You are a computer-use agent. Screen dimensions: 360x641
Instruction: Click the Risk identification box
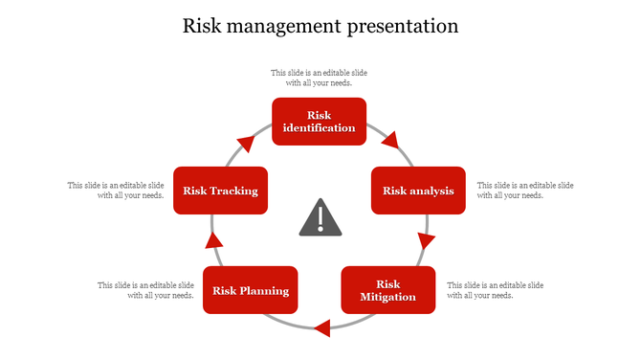click(x=320, y=122)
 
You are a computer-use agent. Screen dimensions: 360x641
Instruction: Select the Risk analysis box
click(x=418, y=191)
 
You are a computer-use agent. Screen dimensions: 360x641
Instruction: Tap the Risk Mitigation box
click(x=387, y=290)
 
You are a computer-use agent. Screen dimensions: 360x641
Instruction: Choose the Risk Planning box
click(x=251, y=291)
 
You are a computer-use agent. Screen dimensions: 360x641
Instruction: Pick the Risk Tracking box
click(x=220, y=191)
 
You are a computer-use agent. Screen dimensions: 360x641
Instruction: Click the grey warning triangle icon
click(x=320, y=219)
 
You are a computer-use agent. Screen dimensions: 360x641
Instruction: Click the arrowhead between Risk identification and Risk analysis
click(x=389, y=142)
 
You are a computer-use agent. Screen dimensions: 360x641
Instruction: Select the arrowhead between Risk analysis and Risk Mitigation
click(x=426, y=240)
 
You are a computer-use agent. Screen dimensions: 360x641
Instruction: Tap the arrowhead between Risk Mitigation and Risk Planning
click(x=322, y=328)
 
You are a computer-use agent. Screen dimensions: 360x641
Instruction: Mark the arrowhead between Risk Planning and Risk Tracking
click(x=214, y=240)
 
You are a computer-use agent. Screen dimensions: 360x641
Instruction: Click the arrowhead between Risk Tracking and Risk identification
click(x=246, y=145)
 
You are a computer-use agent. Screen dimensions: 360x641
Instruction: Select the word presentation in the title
click(x=401, y=26)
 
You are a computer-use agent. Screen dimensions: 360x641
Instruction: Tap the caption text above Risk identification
click(x=319, y=78)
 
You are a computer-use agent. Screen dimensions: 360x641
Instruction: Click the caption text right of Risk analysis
click(x=524, y=190)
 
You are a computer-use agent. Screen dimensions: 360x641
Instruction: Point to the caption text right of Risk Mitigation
click(x=495, y=290)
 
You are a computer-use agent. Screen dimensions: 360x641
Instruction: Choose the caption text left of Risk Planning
click(x=146, y=290)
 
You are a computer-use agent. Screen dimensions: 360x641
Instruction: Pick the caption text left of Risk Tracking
click(x=116, y=190)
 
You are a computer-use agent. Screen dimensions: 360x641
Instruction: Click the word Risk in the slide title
click(x=204, y=26)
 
